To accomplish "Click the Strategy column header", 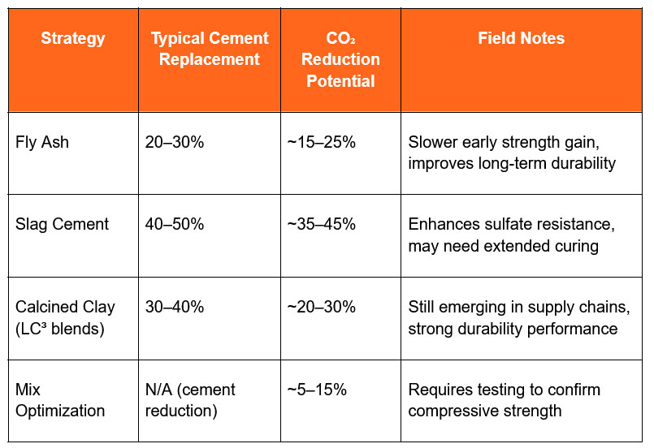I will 73,38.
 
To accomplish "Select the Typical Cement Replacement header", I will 210,49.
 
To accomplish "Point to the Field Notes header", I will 521,38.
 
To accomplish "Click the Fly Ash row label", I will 42,142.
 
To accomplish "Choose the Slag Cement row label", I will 62,224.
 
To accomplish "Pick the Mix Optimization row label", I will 60,400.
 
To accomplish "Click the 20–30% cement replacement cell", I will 175,142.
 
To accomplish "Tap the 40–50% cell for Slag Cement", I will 175,224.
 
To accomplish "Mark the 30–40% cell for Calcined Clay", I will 175,307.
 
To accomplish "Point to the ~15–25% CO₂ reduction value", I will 321,142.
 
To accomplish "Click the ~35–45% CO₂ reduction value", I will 321,224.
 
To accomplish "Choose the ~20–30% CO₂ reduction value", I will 321,307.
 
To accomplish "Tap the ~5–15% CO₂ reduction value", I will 317,390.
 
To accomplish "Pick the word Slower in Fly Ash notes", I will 435,142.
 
